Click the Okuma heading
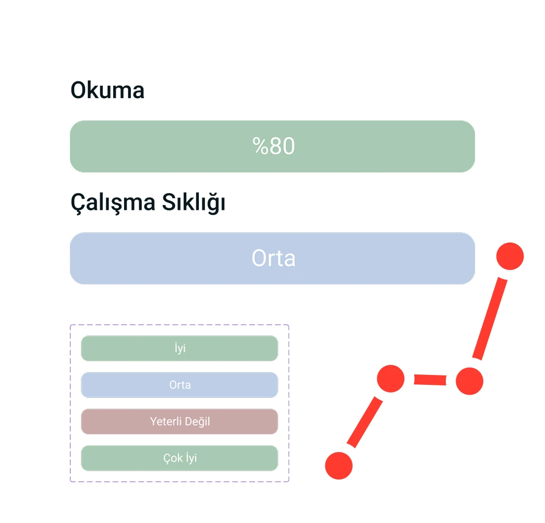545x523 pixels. coord(107,90)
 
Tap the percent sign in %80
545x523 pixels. coord(261,146)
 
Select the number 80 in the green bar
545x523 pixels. coord(282,146)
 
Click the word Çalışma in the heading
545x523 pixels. coord(113,203)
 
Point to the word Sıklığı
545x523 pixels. coord(194,202)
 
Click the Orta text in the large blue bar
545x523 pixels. coord(274,258)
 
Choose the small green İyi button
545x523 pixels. coord(180,348)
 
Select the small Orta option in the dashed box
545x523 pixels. coord(180,385)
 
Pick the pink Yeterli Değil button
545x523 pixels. coord(180,421)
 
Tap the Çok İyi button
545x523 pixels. coord(180,458)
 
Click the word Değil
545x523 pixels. coord(197,421)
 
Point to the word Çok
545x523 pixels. coord(173,458)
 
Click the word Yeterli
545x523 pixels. coord(166,421)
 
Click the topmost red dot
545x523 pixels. coord(510,256)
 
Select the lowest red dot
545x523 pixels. coord(339,466)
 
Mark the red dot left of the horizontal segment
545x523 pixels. coord(391,379)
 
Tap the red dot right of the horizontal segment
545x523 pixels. coord(470,381)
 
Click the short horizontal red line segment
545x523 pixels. coord(430,380)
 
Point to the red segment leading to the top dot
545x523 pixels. coord(490,318)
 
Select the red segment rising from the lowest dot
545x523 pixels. coord(364,422)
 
